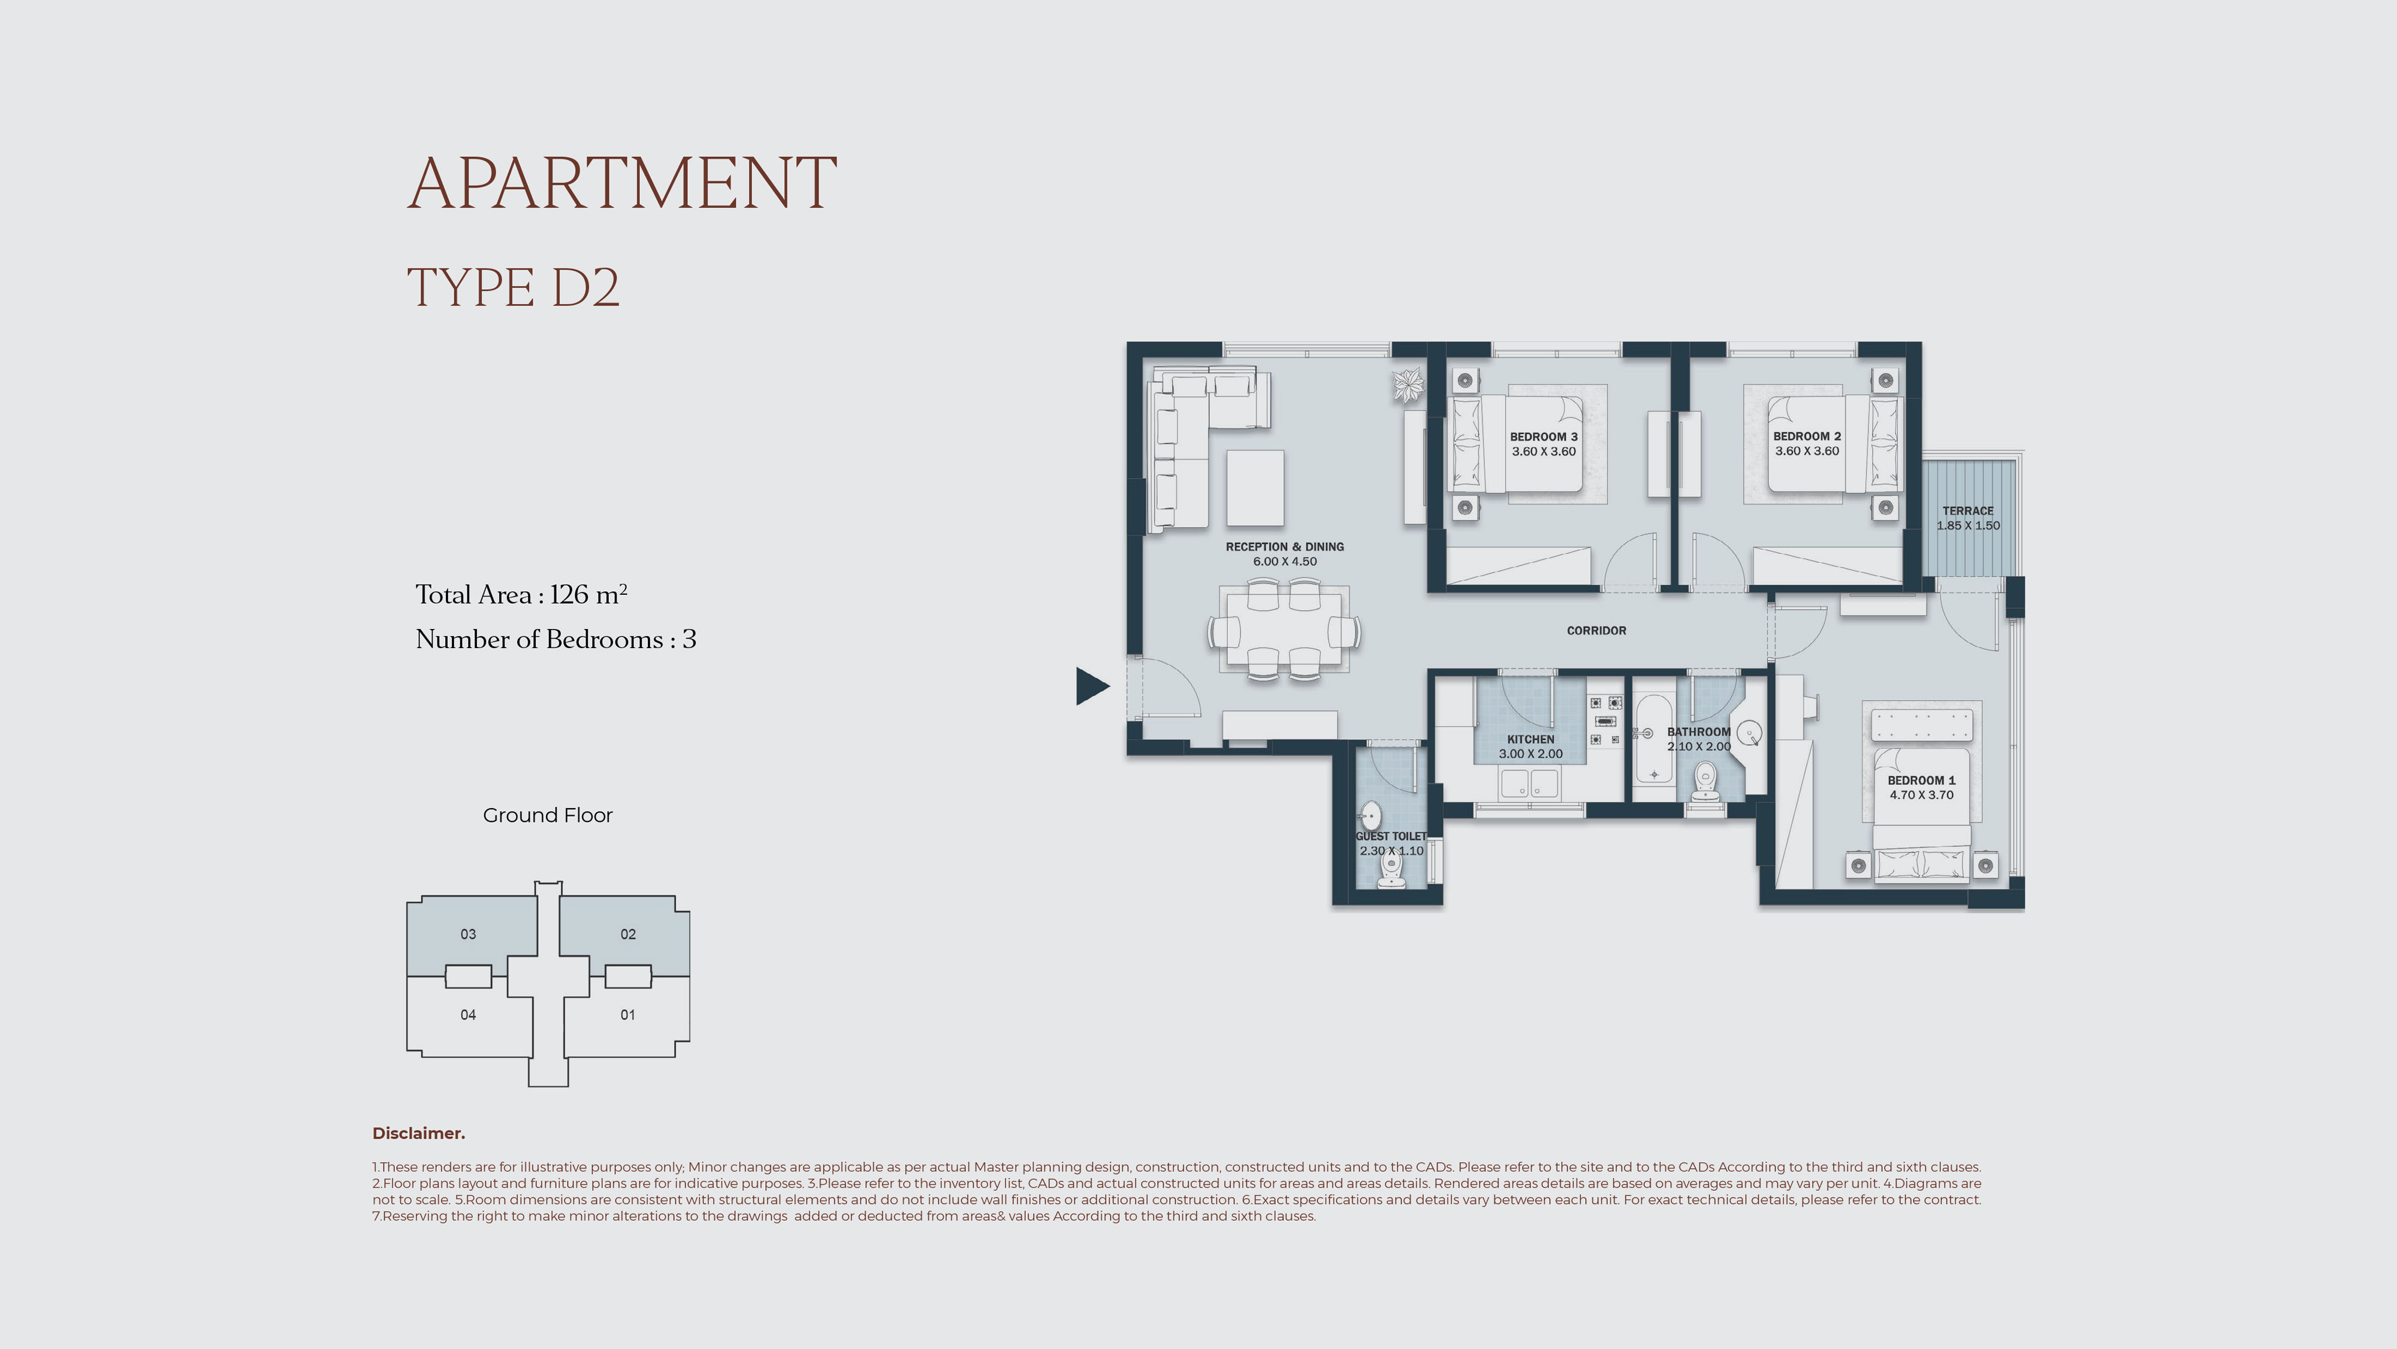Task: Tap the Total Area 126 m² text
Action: pos(521,594)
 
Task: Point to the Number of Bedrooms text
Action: pos(556,639)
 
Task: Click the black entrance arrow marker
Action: pos(1091,686)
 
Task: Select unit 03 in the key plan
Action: pos(468,934)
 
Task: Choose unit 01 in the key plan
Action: pos(628,1015)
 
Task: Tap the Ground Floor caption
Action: pos(547,815)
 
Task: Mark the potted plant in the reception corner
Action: pos(1408,384)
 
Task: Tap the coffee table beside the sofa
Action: pos(1255,488)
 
